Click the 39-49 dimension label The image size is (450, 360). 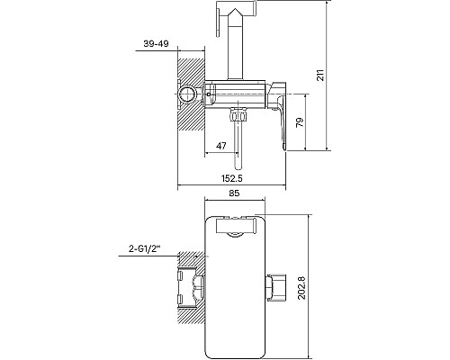pyautogui.click(x=156, y=44)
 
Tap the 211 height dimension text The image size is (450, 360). pyautogui.click(x=320, y=75)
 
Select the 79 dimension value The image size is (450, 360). pyautogui.click(x=300, y=122)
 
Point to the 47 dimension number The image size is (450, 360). pyautogui.click(x=221, y=146)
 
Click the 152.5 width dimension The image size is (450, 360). pyautogui.click(x=231, y=178)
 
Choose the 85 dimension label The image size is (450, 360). pyautogui.click(x=234, y=193)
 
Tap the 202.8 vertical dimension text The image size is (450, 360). pyautogui.click(x=301, y=287)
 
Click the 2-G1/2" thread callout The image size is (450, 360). pyautogui.click(x=145, y=248)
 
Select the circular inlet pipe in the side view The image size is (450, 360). pyautogui.click(x=186, y=94)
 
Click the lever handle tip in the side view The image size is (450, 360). pyautogui.click(x=284, y=148)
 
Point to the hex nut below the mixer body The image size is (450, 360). pyautogui.click(x=238, y=115)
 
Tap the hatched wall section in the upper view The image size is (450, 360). pyautogui.click(x=191, y=94)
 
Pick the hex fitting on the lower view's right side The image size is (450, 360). pyautogui.click(x=276, y=287)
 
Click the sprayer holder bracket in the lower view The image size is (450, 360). pyautogui.click(x=236, y=227)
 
